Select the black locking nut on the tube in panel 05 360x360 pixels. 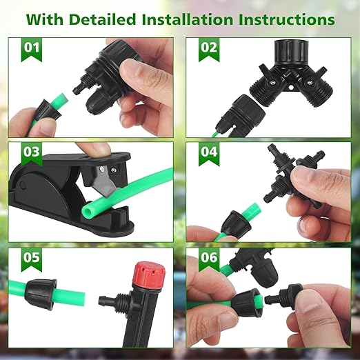click(40, 292)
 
